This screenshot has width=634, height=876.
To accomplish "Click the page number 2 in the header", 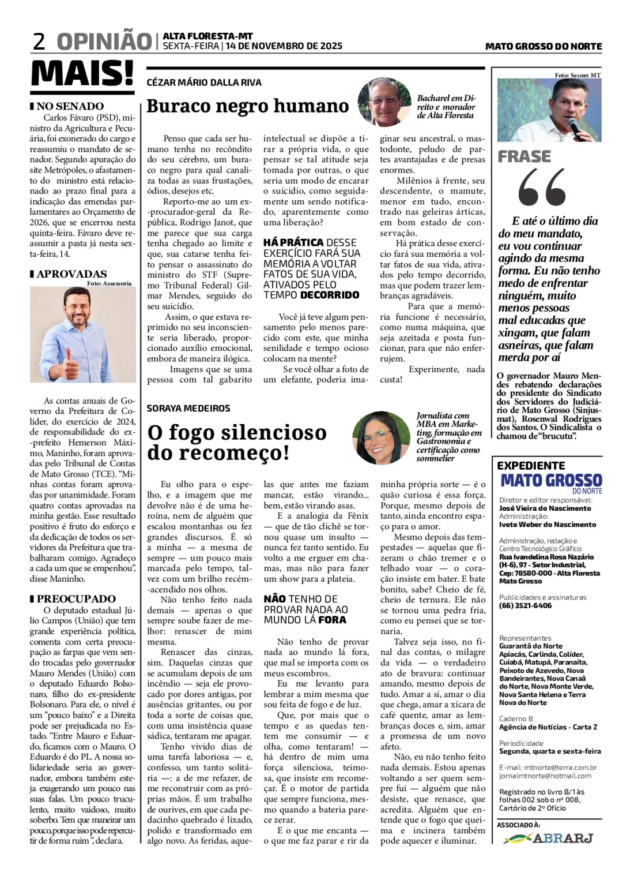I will coord(39,42).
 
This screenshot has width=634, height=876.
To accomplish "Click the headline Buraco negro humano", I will coord(247,106).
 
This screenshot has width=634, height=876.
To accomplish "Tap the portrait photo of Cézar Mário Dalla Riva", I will coord(384,102).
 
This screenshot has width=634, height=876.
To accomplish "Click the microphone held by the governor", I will coord(574,123).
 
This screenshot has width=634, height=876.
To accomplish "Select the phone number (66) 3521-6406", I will coord(525,605).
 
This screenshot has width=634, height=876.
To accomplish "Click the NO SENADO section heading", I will coord(70,106).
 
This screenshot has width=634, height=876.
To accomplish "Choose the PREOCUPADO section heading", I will coord(76,599).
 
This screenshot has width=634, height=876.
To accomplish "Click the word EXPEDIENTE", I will coord(531,465).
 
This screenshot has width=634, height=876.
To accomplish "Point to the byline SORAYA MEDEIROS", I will coord(188,408).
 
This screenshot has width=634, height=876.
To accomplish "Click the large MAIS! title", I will coord(82,73).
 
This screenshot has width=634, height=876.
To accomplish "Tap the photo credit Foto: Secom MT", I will coord(578,75).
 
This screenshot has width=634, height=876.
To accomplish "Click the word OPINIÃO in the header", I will coord(104,42).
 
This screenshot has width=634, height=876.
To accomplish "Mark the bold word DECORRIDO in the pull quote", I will coord(329,295).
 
